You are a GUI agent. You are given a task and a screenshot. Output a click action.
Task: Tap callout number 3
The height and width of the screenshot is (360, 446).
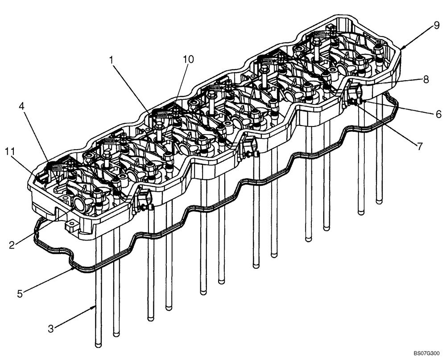click(x=51, y=329)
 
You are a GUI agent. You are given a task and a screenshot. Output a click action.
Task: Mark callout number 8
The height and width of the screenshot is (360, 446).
click(x=425, y=80)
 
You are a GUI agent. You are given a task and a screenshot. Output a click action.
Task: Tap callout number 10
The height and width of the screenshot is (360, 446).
click(x=188, y=60)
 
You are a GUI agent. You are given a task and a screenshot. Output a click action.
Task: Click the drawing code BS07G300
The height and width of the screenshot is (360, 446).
click(x=426, y=352)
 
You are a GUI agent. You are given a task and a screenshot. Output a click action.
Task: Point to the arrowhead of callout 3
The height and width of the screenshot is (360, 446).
click(x=95, y=307)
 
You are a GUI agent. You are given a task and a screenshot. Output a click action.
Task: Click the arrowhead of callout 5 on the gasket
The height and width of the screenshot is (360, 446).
click(x=73, y=268)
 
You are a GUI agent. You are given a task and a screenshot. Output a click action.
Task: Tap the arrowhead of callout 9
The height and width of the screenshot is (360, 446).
click(x=401, y=48)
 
